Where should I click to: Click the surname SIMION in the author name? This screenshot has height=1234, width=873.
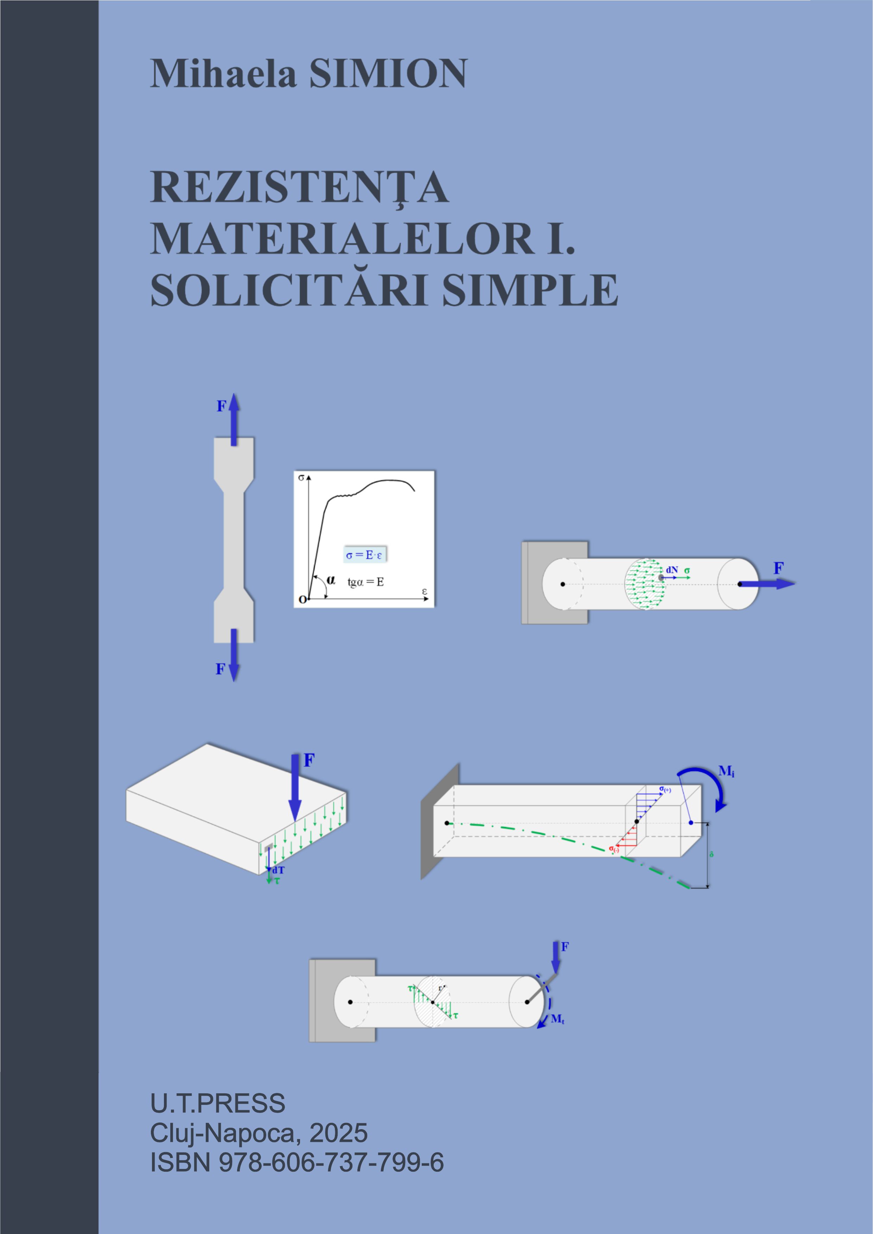tap(388, 73)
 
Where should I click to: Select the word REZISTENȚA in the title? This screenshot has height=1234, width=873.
tap(299, 188)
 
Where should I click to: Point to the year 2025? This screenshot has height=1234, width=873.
tap(339, 1133)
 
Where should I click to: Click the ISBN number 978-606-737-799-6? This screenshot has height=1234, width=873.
tap(331, 1163)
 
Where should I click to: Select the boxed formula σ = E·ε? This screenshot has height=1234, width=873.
tap(364, 555)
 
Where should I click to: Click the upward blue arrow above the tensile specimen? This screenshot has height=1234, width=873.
tap(234, 419)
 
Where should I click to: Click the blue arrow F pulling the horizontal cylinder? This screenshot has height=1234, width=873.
tap(767, 584)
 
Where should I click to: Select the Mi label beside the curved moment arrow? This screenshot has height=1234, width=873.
tap(726, 772)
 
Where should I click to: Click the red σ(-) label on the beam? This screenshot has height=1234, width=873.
tap(614, 849)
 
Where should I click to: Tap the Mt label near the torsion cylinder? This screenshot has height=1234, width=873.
tap(557, 1018)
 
